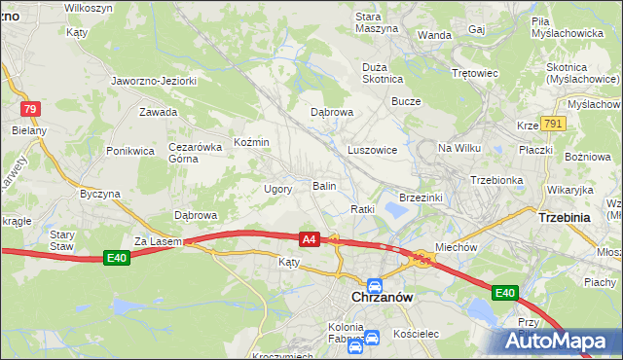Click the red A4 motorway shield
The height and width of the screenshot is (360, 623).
point(310,238)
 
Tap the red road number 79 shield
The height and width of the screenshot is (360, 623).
point(31,110)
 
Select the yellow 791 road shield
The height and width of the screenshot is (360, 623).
point(553,124)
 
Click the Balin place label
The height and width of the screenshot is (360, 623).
point(324,185)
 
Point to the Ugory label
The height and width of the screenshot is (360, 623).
point(278,189)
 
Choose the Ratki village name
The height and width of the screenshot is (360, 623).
point(363,209)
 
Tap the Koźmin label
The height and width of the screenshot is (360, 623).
point(251,143)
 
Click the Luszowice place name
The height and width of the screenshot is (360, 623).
point(372,150)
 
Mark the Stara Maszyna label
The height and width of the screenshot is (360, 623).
point(377,22)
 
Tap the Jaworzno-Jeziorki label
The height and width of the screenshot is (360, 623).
point(155,81)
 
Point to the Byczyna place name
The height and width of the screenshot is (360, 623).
point(100,194)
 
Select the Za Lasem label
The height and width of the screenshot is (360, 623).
point(153,240)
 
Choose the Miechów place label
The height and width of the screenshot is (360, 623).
point(456,247)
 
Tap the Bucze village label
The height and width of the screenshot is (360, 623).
point(405,100)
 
